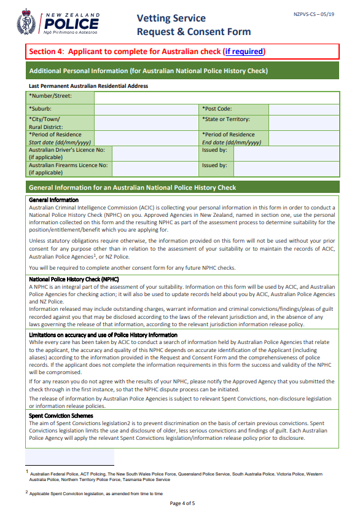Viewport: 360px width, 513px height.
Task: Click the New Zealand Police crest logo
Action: tap(26, 22)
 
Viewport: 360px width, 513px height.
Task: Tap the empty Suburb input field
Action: tap(147, 109)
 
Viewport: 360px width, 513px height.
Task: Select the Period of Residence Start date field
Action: tap(147, 138)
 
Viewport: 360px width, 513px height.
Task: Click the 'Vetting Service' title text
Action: tap(171, 18)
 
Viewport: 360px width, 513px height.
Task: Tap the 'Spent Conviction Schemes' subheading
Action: tap(61, 415)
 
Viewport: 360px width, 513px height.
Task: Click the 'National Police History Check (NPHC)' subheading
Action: tap(74, 280)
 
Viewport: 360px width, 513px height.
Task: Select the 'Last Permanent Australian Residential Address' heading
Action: tap(88, 86)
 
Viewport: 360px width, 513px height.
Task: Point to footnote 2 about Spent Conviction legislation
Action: tap(95, 493)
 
